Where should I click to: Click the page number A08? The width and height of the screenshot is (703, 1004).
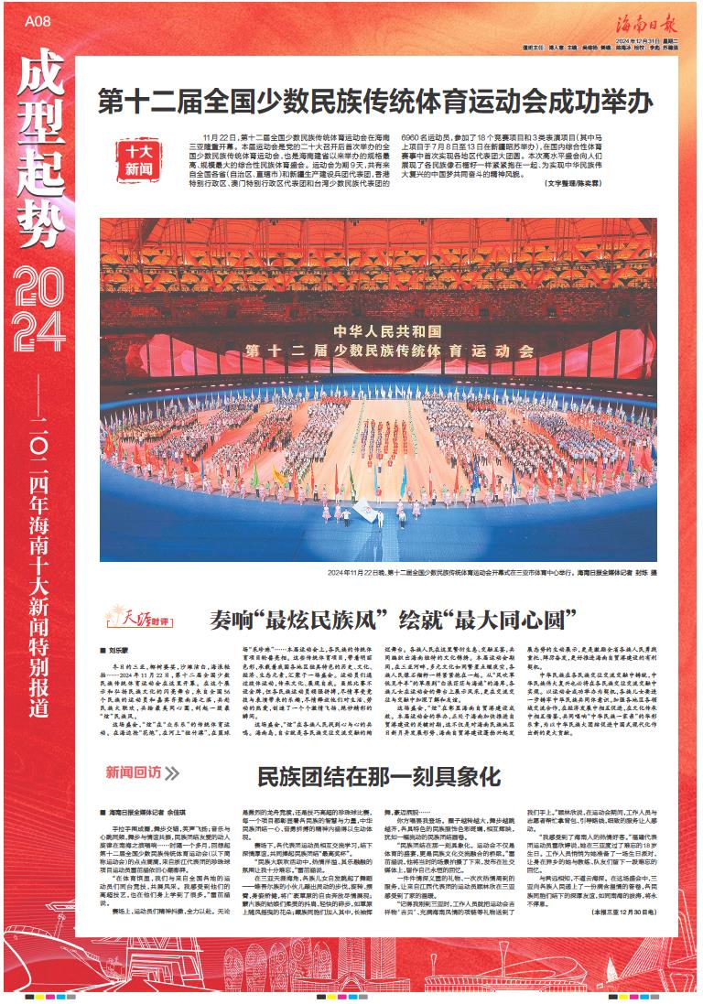[x=36, y=20]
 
